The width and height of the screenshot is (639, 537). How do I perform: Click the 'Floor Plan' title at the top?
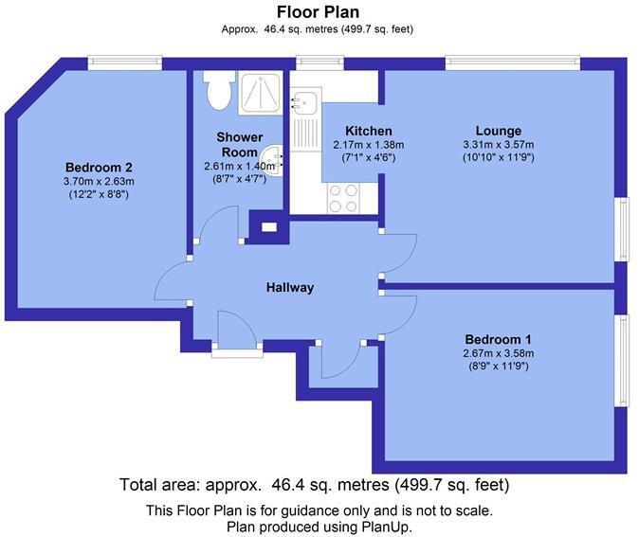click(x=318, y=12)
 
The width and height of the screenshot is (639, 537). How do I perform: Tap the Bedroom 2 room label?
click(x=98, y=168)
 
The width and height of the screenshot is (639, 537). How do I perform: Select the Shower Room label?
click(x=240, y=145)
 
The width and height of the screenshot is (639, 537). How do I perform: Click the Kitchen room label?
click(x=368, y=131)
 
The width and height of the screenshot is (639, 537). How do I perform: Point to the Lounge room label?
click(x=498, y=131)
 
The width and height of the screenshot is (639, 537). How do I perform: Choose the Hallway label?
click(x=289, y=288)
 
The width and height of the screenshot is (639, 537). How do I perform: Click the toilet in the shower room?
click(x=216, y=91)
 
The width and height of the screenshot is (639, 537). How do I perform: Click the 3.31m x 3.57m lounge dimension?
click(x=498, y=145)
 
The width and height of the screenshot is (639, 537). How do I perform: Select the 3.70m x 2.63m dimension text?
click(x=98, y=182)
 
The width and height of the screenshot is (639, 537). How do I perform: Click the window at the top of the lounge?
click(x=512, y=63)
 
